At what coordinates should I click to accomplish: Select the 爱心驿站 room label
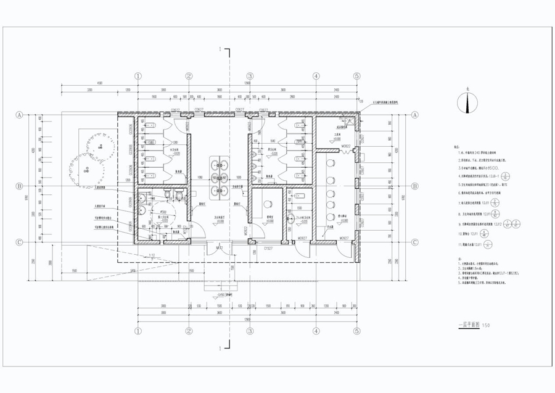click(338, 217)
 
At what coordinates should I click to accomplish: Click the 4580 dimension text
click(99, 83)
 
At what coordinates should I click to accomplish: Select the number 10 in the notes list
click(459, 235)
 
